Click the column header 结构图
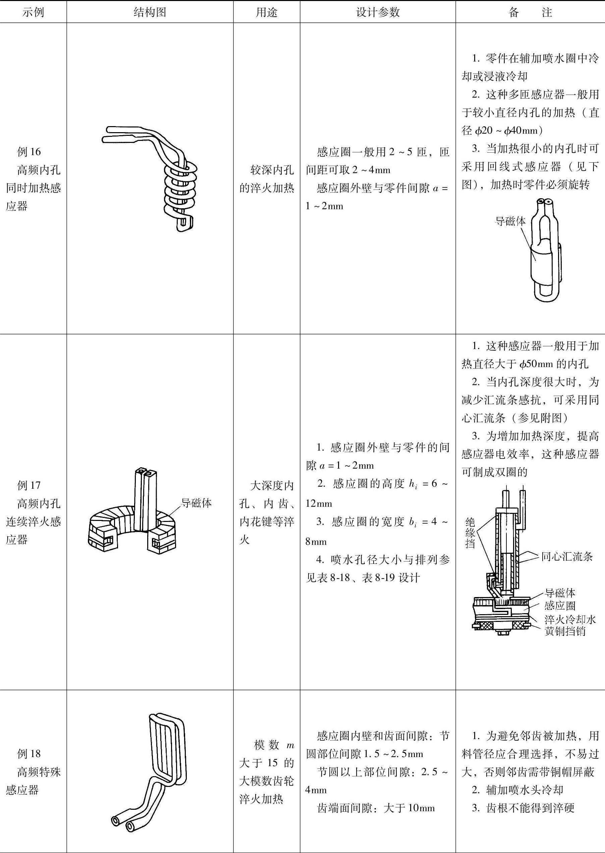[150, 12]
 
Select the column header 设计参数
[378, 12]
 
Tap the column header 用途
[266, 12]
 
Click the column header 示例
[33, 12]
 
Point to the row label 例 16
[29, 152]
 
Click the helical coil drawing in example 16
[160, 179]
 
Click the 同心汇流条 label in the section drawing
[567, 557]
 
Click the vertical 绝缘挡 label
[470, 533]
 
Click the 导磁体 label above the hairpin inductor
[510, 221]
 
